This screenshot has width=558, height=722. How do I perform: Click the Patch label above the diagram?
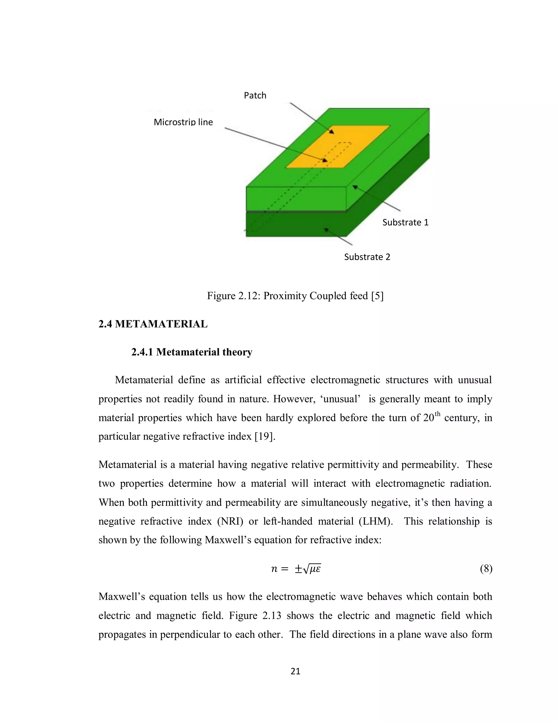255,96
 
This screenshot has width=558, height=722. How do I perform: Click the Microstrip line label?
183,122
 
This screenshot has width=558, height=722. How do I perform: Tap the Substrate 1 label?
405,223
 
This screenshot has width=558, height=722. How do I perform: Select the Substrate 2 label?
367,257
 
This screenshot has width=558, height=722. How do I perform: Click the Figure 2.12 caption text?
295,296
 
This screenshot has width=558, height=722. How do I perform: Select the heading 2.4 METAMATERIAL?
153,324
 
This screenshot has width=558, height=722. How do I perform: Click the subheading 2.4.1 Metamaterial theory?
192,352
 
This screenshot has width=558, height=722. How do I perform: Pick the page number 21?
295,671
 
